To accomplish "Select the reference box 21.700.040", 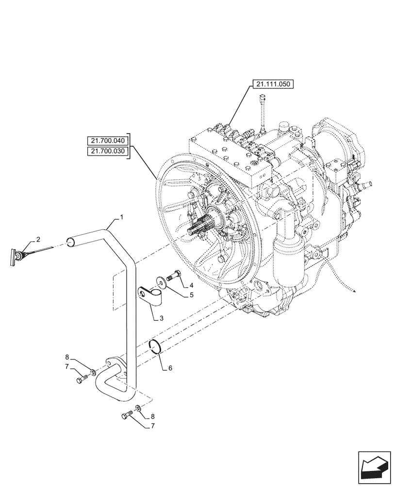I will (107, 141).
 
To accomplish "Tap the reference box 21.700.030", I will (107, 152).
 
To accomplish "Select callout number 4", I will (192, 285).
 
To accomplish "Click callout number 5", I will (192, 295).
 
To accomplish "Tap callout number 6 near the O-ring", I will (170, 369).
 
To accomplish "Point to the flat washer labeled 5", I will (160, 283).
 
